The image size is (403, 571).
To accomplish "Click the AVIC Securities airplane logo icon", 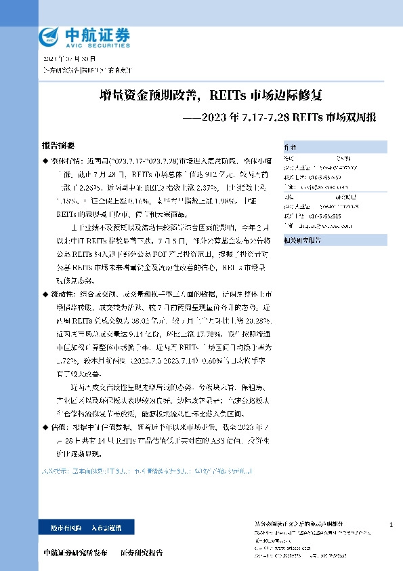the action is [49, 37].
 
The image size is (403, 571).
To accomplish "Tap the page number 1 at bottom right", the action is [391, 526].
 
